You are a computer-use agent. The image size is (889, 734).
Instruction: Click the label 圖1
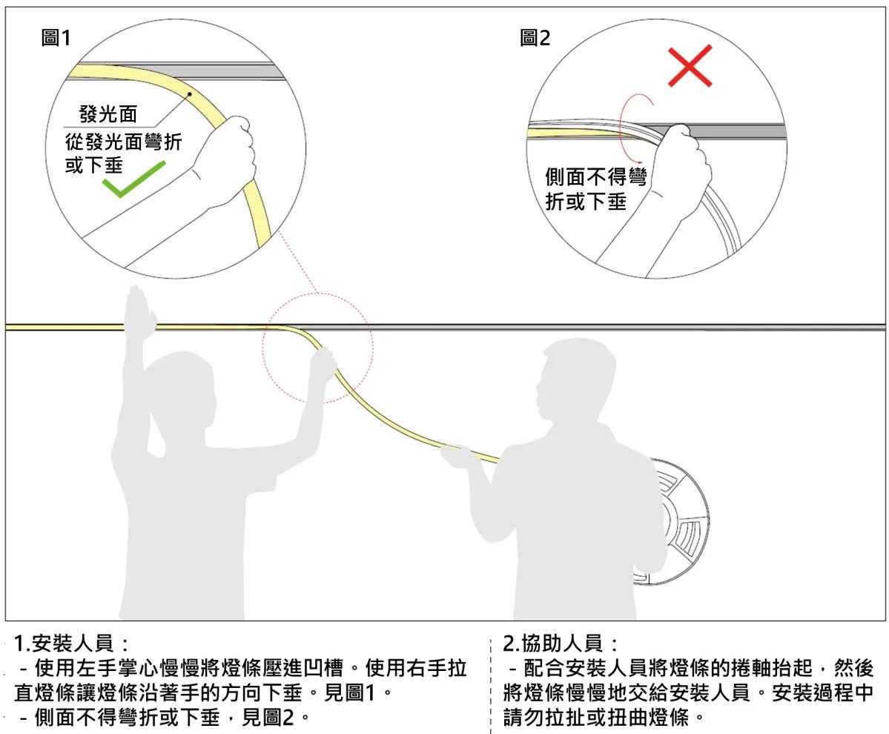(x=56, y=38)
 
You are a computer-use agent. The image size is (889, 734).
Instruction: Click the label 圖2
(x=535, y=38)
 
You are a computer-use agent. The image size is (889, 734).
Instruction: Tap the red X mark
(x=690, y=66)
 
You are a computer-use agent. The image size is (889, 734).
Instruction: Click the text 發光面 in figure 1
(x=108, y=114)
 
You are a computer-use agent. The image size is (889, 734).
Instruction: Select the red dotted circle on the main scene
(x=317, y=348)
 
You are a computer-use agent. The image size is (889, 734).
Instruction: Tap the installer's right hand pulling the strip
(x=323, y=363)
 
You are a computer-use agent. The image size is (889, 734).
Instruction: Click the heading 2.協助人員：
(x=560, y=643)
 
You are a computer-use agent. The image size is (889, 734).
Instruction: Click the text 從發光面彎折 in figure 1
(x=123, y=141)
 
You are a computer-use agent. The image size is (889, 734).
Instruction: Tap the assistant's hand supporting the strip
(x=454, y=454)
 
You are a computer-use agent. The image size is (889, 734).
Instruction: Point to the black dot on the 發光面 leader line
(x=190, y=94)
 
